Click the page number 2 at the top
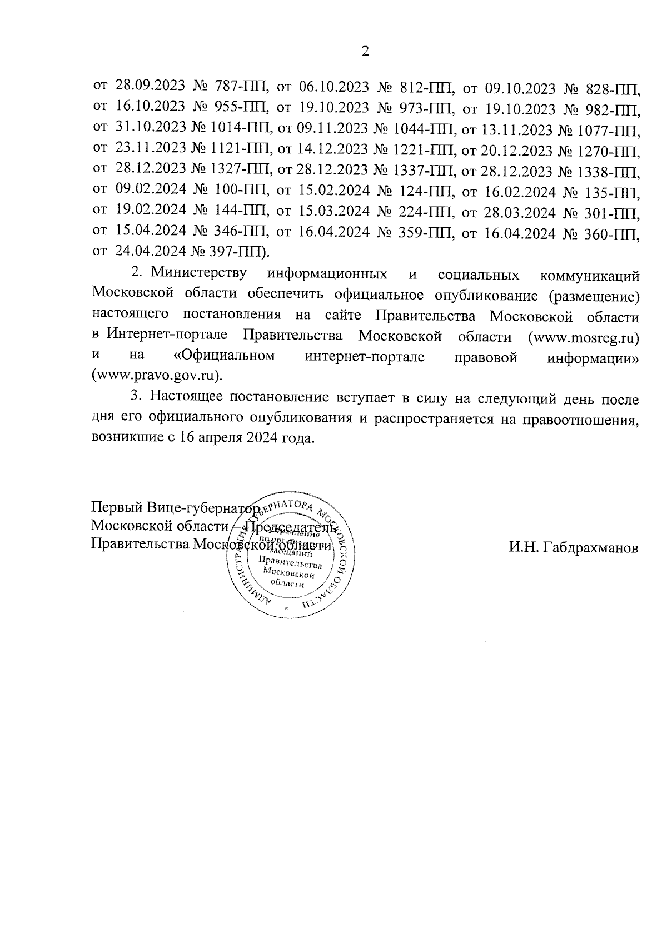click(365, 52)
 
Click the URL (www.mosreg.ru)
click(583, 337)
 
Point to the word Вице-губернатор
click(203, 507)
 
